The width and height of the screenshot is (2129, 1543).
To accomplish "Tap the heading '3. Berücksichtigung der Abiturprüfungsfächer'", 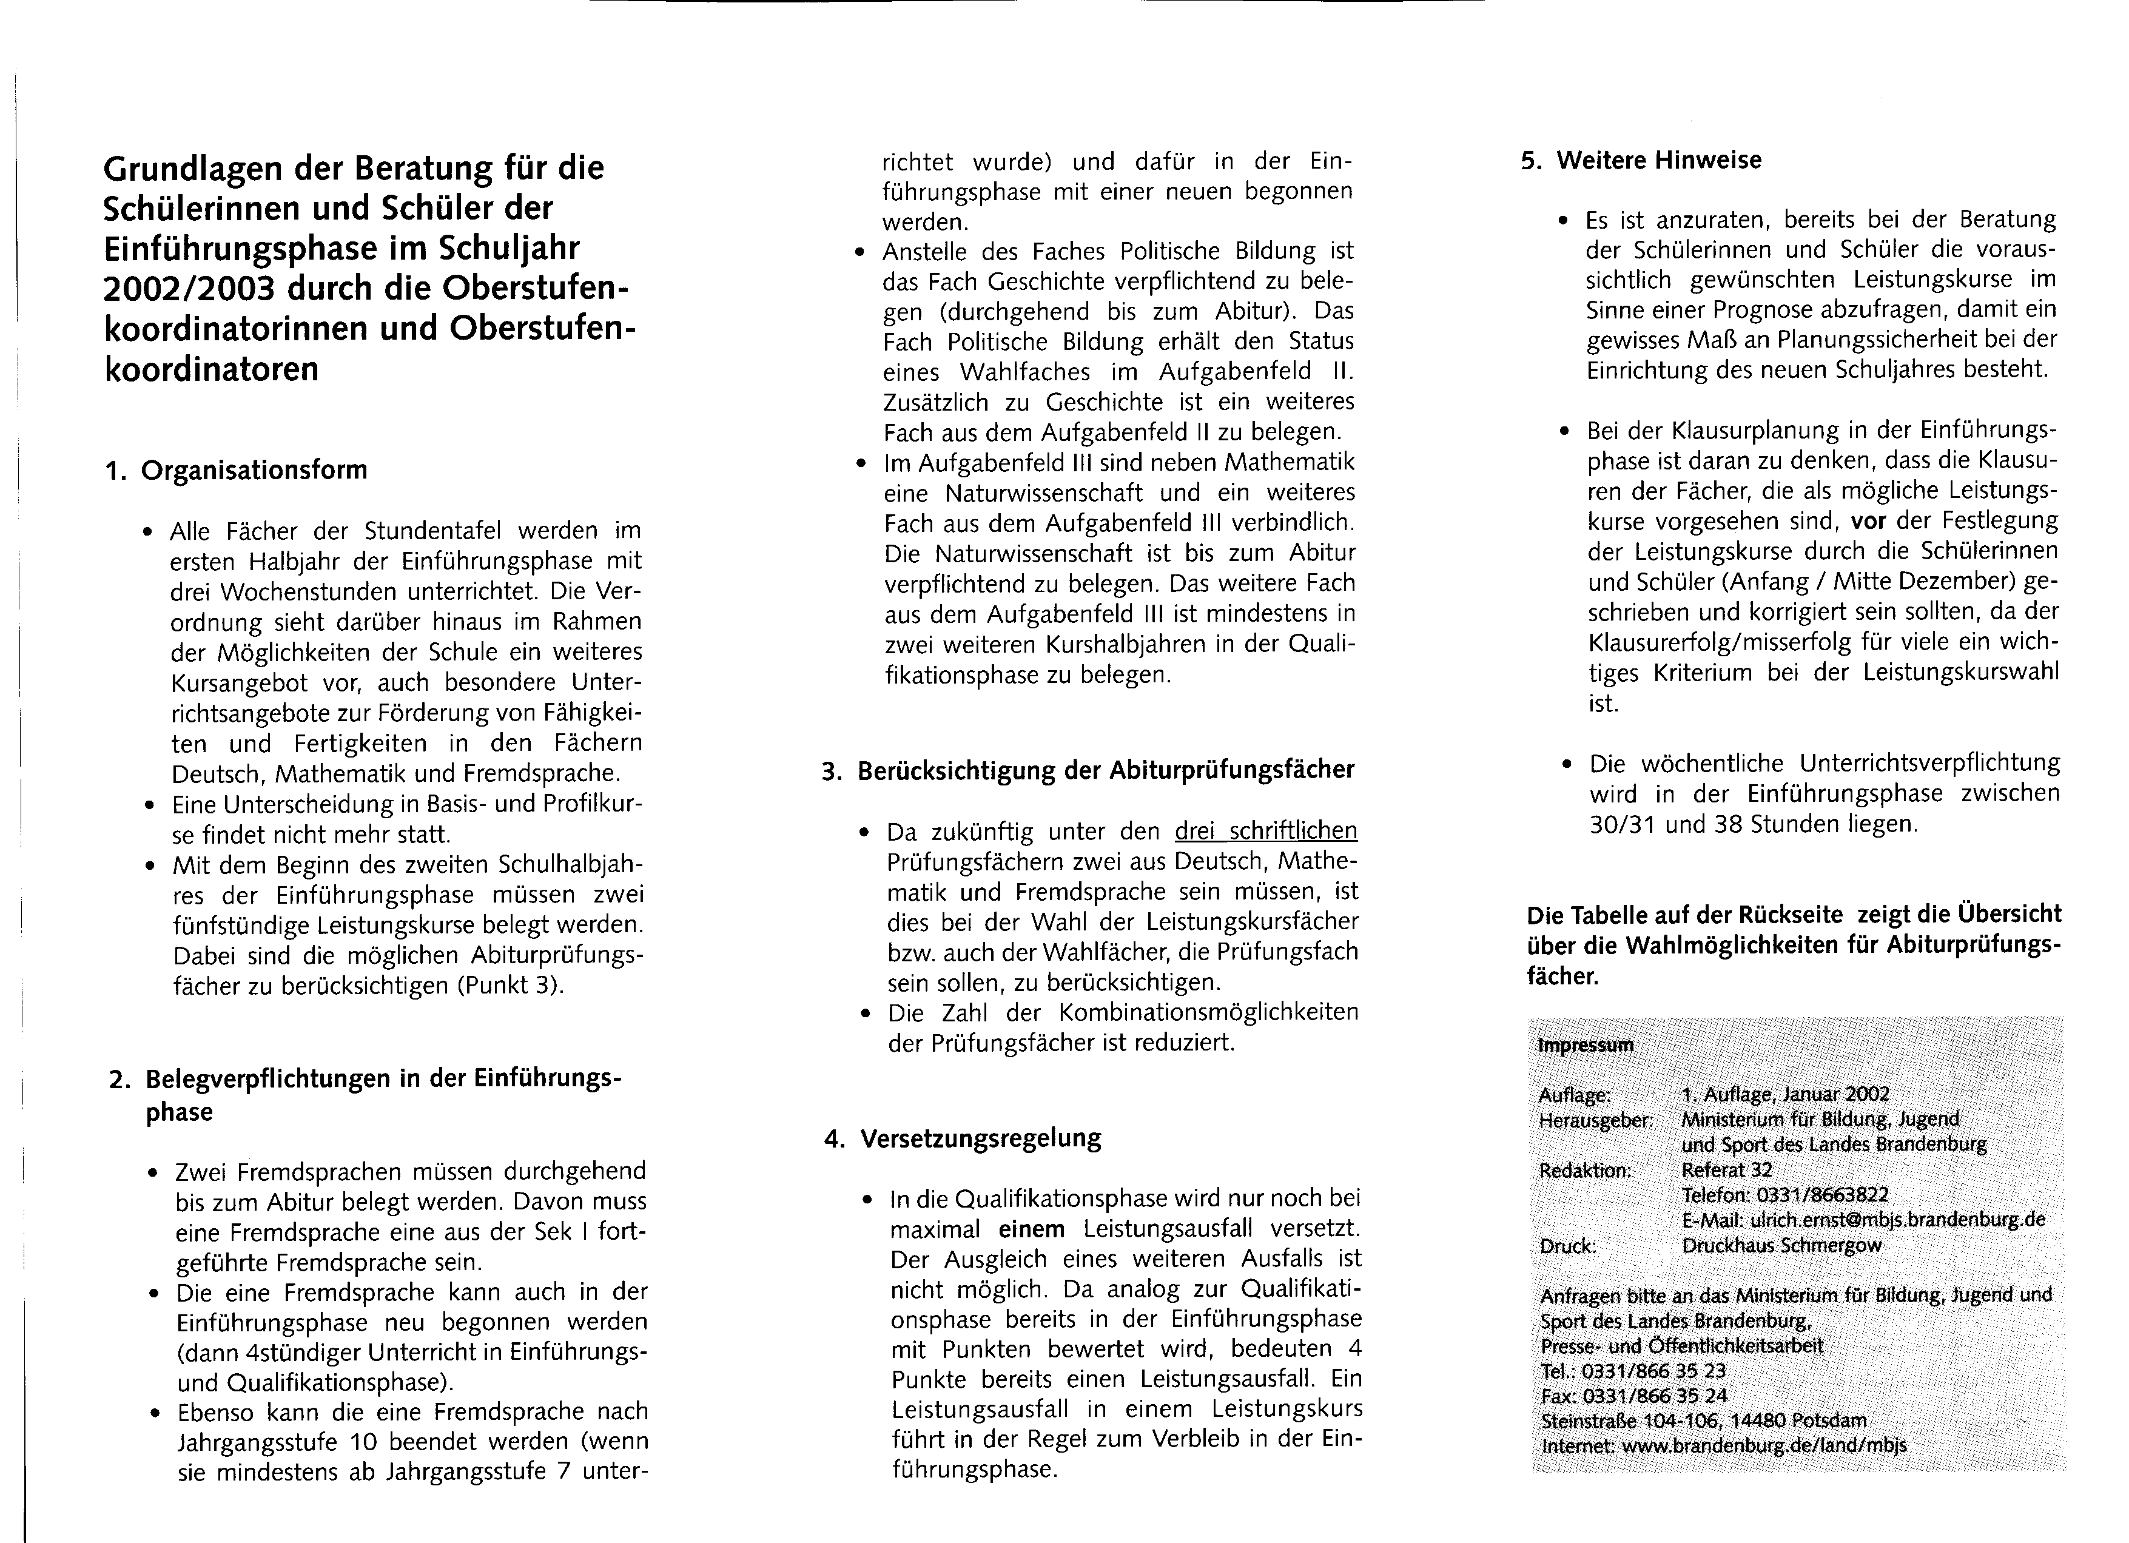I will click(1088, 770).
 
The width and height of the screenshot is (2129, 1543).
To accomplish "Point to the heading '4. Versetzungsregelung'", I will click(964, 1138).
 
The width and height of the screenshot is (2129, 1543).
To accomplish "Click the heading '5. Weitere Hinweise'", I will click(1641, 161).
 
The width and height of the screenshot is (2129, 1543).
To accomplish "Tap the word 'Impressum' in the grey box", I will click(1586, 1044).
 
